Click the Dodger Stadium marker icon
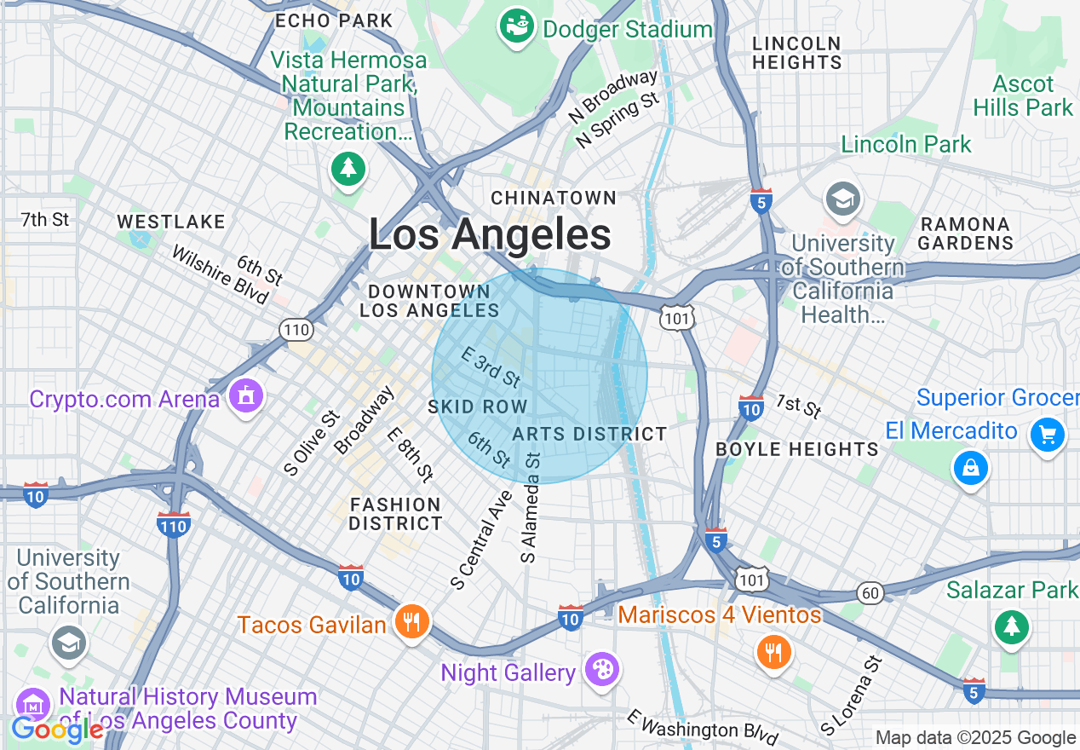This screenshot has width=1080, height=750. (x=515, y=26)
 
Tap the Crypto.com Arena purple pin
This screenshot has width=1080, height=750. (x=245, y=396)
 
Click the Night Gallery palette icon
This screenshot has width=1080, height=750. (x=602, y=669)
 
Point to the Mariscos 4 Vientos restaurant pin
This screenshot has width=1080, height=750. (x=773, y=653)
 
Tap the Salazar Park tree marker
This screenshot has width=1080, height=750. (x=1011, y=628)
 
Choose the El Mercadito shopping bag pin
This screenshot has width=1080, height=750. (x=970, y=467)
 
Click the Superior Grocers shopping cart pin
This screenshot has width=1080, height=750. (x=1047, y=436)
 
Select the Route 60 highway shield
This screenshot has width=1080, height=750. (x=870, y=593)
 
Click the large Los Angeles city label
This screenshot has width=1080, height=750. (x=490, y=234)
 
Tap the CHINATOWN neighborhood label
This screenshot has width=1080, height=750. (x=554, y=198)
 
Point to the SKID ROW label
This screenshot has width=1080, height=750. (x=478, y=407)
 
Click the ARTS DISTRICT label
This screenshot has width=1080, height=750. (x=589, y=434)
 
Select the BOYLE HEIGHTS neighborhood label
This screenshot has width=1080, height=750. (x=797, y=449)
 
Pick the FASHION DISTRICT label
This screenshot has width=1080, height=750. (x=396, y=514)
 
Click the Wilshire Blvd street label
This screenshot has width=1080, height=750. (x=220, y=274)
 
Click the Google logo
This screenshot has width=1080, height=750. (x=57, y=730)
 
